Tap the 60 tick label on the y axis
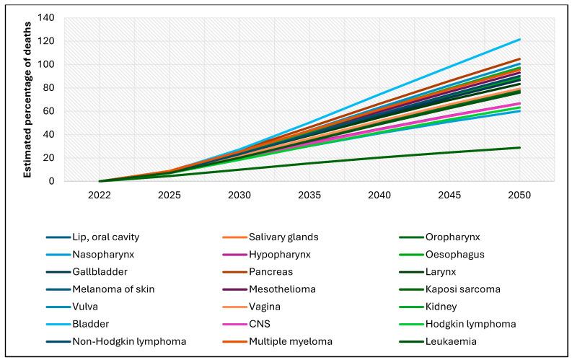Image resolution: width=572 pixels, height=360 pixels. [x=50, y=111]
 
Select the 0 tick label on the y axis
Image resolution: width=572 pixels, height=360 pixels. [x=53, y=181]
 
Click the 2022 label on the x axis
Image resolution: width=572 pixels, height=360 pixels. [x=100, y=195]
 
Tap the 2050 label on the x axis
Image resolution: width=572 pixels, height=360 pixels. [x=519, y=195]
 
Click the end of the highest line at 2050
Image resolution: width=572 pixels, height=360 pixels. [x=519, y=39]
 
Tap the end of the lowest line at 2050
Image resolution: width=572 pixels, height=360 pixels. [x=519, y=148]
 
